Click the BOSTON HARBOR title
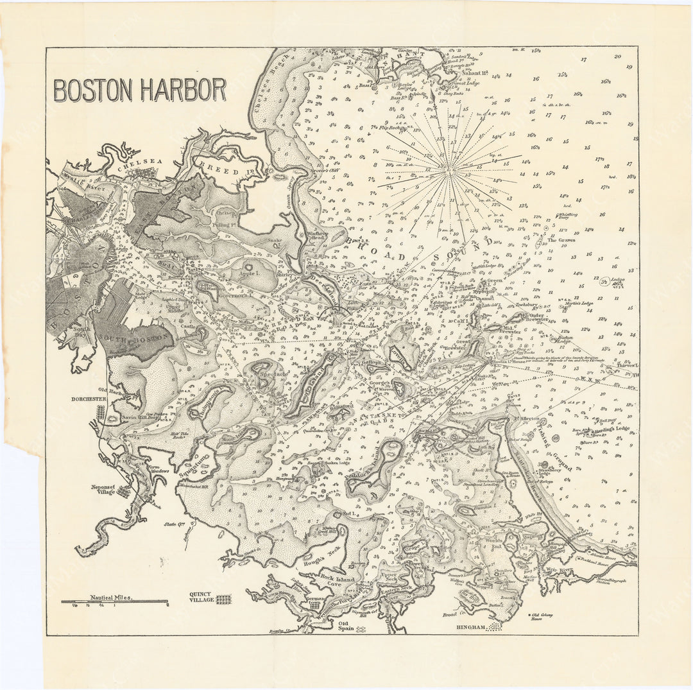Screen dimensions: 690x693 click(x=140, y=91)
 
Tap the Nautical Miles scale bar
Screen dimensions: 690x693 click(x=114, y=601)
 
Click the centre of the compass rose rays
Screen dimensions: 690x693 click(x=450, y=171)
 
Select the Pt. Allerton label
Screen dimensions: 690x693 click(x=527, y=418)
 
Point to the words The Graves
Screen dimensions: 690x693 click(x=561, y=240)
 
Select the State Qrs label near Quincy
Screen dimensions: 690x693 click(x=171, y=525)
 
